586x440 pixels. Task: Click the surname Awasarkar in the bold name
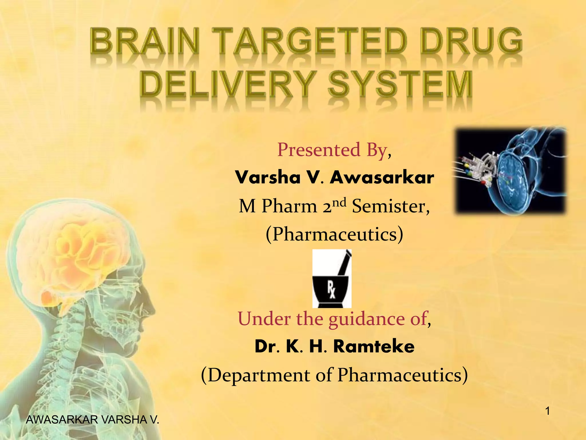[382, 178]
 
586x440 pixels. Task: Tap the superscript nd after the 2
[339, 202]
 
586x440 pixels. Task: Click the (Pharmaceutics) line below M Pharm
[334, 234]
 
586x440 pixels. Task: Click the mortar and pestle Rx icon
[332, 278]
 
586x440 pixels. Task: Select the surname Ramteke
[374, 346]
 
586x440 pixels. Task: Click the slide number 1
[547, 411]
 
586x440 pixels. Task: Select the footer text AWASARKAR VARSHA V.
[92, 420]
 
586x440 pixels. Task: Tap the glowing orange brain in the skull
[86, 252]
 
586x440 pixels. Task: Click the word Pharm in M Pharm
[289, 206]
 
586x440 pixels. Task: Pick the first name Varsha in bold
[268, 178]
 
